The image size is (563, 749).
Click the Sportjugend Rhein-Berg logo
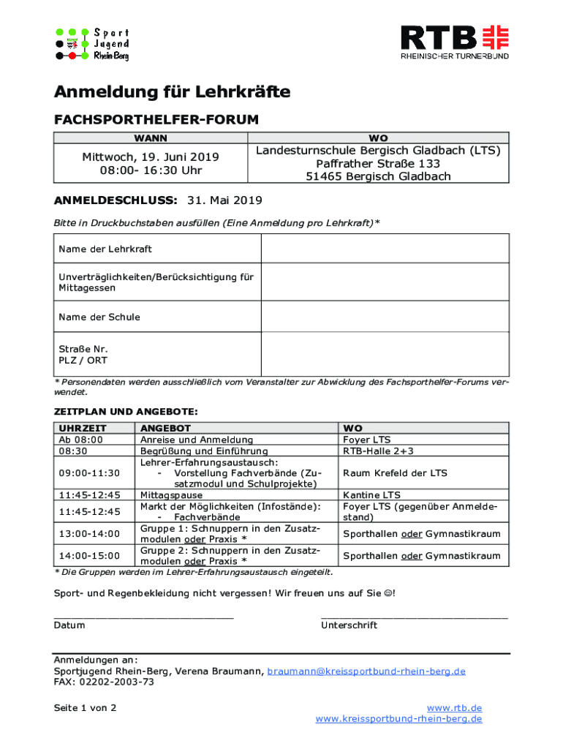[x=93, y=44]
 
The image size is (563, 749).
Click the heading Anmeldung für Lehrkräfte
[x=172, y=92]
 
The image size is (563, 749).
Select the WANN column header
[x=150, y=138]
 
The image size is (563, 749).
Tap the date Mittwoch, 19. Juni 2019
[x=151, y=157]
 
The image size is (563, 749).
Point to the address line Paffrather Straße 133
[x=378, y=164]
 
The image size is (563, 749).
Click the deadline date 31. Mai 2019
[x=225, y=200]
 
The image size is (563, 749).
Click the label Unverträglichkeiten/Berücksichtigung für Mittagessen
[x=156, y=282]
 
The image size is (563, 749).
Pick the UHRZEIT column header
[x=83, y=428]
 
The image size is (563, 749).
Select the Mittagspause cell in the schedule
[x=172, y=495]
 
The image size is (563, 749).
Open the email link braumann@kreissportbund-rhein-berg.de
[x=366, y=671]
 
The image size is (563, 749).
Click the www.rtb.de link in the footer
[x=454, y=708]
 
